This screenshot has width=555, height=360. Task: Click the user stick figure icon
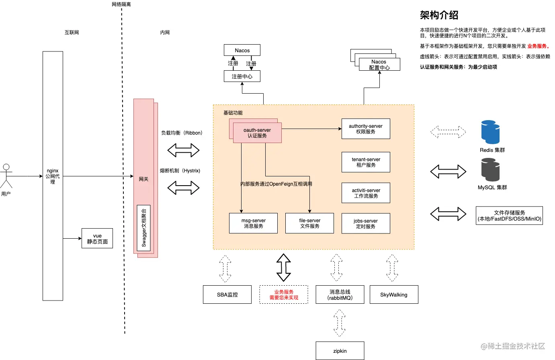tap(6, 176)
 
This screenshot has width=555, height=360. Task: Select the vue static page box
tap(97, 238)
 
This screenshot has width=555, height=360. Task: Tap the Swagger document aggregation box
tap(144, 228)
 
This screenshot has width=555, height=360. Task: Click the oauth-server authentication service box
tap(257, 133)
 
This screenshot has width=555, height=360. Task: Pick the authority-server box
tap(366, 129)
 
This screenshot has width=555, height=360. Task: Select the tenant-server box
tap(366, 162)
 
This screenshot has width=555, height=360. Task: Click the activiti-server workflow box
tap(366, 193)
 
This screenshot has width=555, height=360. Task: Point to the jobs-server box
tap(366, 223)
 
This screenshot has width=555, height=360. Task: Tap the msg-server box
tap(253, 223)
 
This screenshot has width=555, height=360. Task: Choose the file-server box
tap(309, 223)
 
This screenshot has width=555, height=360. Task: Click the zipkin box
tap(340, 351)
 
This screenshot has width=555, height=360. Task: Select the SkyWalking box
tap(393, 295)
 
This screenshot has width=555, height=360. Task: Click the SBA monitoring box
tap(227, 295)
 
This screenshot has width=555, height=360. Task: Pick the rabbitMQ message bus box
tap(340, 295)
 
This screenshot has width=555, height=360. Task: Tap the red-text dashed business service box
tap(284, 295)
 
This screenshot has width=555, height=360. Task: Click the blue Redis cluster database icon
tap(490, 132)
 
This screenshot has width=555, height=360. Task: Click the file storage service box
tap(509, 216)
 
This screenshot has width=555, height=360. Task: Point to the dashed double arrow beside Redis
tap(448, 132)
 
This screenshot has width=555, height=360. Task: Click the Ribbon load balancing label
tap(182, 133)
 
